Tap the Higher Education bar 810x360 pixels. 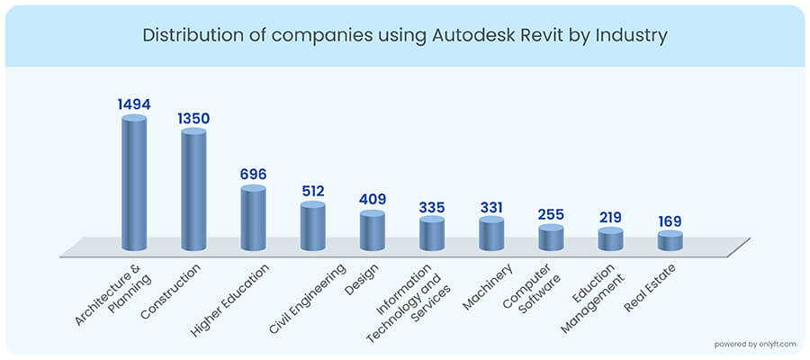coord(253,219)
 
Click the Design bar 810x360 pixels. coord(372,231)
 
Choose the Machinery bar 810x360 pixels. coord(490,234)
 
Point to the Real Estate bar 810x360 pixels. coord(670,240)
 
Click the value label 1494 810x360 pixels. coord(134,104)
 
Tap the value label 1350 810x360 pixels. coord(193,120)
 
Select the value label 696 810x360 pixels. coord(253,174)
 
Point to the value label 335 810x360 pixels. coord(431,208)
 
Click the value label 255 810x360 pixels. coord(551,215)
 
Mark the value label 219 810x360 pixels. coord(610,219)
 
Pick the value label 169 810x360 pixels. coord(670,222)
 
